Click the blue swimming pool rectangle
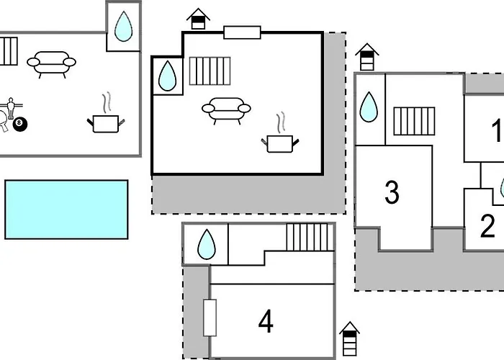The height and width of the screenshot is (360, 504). click(x=66, y=210)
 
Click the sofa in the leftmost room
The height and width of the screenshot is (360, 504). click(x=51, y=63)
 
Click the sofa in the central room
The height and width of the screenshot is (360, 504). click(x=226, y=109)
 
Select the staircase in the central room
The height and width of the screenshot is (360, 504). click(x=210, y=71)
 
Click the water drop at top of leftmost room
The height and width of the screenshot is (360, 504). click(x=124, y=27)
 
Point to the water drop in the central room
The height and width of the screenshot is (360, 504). click(x=167, y=76)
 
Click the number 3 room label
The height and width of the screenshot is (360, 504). click(x=392, y=192)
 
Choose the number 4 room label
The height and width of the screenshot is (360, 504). click(x=266, y=322)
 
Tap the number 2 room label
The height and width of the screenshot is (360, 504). click(x=487, y=226)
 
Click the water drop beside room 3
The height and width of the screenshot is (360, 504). click(x=369, y=107)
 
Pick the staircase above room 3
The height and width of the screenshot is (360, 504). click(x=414, y=120)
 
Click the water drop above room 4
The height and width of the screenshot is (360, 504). click(x=206, y=245)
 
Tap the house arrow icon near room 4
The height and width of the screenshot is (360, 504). click(x=349, y=338)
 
